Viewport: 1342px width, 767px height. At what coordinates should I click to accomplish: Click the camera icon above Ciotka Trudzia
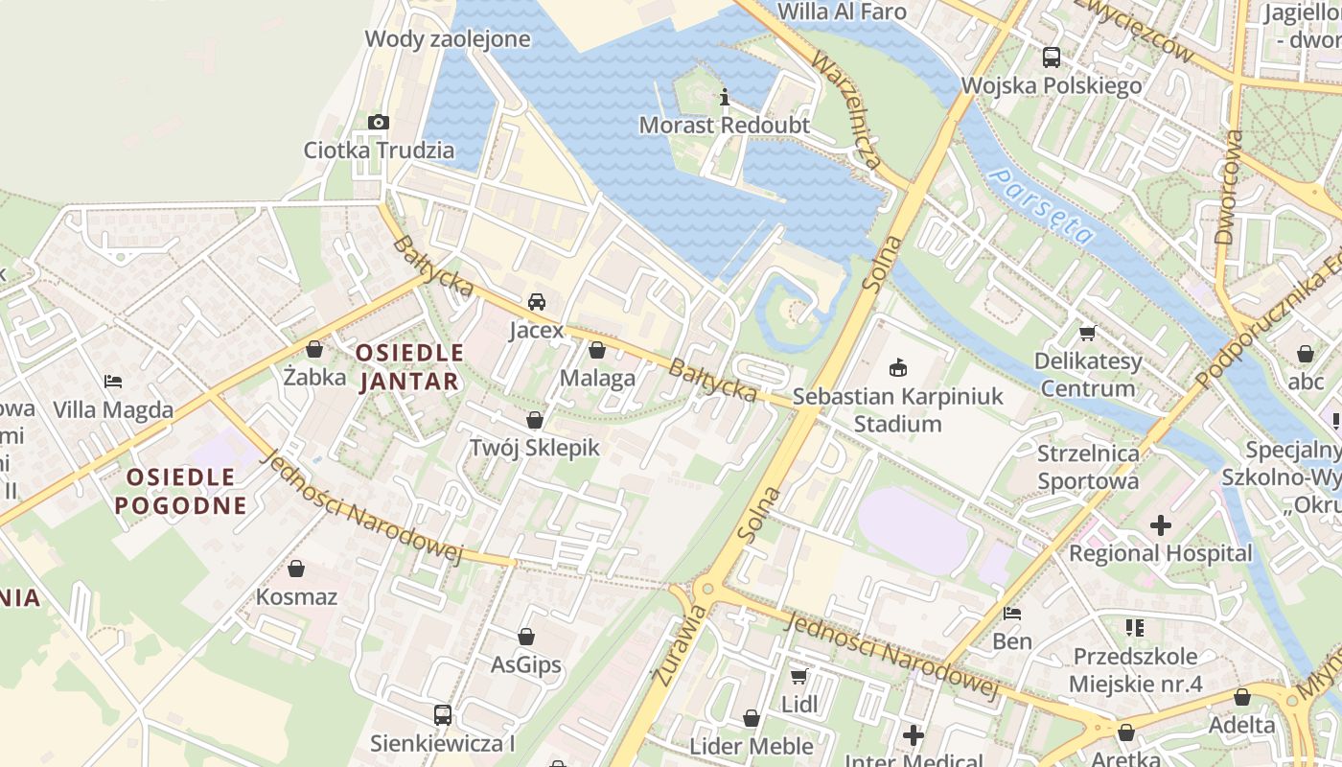pyautogui.click(x=379, y=122)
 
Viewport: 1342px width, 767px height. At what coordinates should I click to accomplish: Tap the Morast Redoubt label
pyautogui.click(x=724, y=126)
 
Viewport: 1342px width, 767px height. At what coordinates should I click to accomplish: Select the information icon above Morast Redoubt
pyautogui.click(x=725, y=97)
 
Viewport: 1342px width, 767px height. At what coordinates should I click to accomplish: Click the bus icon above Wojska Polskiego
pyautogui.click(x=1052, y=57)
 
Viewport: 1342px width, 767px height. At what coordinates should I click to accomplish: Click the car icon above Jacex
pyautogui.click(x=537, y=301)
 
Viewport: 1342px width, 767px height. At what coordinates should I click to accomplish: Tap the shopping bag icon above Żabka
pyautogui.click(x=314, y=349)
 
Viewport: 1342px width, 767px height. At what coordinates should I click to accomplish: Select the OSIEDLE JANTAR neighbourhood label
pyautogui.click(x=409, y=367)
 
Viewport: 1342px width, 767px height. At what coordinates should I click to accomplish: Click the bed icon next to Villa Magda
pyautogui.click(x=113, y=382)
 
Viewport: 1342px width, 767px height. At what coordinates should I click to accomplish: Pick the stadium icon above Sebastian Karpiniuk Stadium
pyautogui.click(x=898, y=367)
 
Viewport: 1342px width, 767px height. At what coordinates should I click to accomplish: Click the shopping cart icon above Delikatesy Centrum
pyautogui.click(x=1087, y=333)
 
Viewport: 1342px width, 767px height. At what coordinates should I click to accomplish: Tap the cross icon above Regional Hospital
pyautogui.click(x=1161, y=524)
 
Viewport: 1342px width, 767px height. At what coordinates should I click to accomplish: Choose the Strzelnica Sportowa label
pyautogui.click(x=1088, y=467)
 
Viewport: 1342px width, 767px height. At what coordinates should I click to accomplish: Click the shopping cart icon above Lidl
pyautogui.click(x=799, y=676)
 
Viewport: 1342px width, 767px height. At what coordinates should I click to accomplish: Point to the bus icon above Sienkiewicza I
pyautogui.click(x=443, y=714)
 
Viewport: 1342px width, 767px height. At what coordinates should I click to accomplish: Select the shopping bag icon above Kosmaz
pyautogui.click(x=296, y=569)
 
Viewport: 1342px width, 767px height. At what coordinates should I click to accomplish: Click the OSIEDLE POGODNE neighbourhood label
pyautogui.click(x=180, y=491)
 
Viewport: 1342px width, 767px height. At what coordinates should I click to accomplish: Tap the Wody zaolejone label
pyautogui.click(x=448, y=39)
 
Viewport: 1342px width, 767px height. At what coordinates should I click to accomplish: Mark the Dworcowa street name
pyautogui.click(x=1227, y=187)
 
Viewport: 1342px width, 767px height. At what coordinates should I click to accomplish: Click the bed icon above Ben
pyautogui.click(x=1012, y=613)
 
